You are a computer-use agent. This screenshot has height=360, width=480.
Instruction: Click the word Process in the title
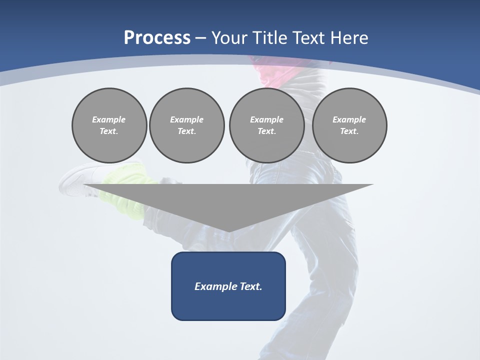tap(157, 38)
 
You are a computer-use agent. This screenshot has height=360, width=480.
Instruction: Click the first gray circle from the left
tap(109, 125)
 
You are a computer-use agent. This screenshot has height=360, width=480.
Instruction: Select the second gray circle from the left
tap(187, 125)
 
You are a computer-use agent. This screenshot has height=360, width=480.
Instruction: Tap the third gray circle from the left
tap(267, 125)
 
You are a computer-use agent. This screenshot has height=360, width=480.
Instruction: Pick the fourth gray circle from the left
tap(349, 125)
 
